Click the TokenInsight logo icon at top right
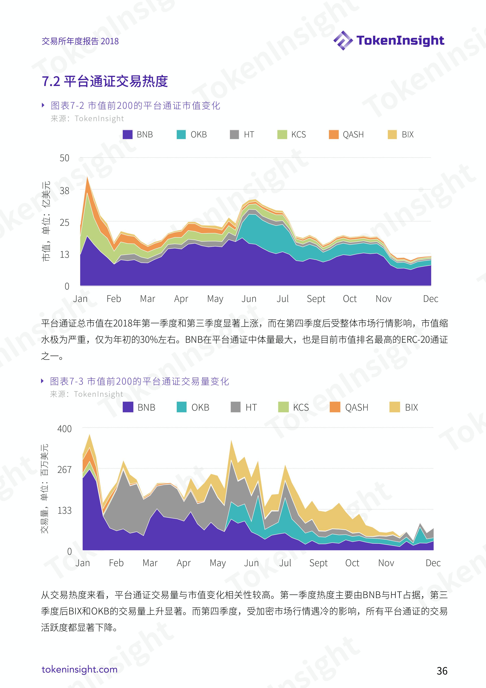tap(343, 40)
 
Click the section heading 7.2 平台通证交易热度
tap(105, 81)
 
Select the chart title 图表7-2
tap(135, 105)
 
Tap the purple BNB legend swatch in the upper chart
tap(128, 134)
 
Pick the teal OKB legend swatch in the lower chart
tap(181, 407)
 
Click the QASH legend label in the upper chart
tap(353, 134)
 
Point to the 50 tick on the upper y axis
tap(64, 158)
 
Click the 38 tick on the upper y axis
tap(64, 191)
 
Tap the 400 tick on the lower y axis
tap(64, 429)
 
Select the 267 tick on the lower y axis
tap(64, 470)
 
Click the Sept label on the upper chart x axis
tap(316, 299)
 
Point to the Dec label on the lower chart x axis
tap(433, 563)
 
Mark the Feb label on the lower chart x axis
tap(116, 563)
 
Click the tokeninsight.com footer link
tap(80, 669)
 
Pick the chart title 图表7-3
tap(139, 381)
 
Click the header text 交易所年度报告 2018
tap(80, 41)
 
